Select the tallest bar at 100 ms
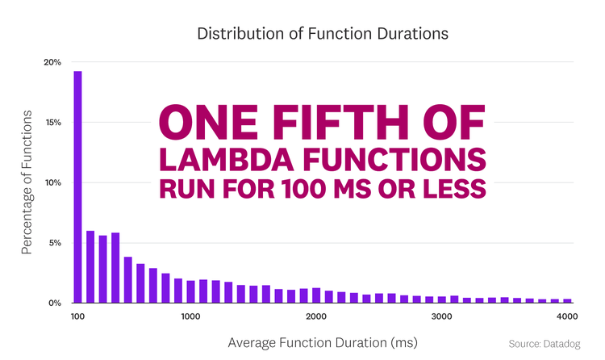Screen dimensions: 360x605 (x=78, y=186)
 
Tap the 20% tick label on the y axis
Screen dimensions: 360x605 (x=52, y=62)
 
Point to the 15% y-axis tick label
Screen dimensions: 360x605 (x=52, y=123)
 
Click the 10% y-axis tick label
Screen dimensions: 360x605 (x=52, y=182)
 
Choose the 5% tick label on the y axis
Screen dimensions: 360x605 (x=55, y=243)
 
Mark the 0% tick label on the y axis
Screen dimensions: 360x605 (x=55, y=303)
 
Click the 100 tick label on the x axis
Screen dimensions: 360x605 (x=78, y=316)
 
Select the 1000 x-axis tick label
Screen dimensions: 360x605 (x=190, y=316)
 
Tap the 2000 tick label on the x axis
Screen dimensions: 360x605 (x=316, y=316)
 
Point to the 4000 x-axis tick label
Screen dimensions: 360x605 (x=566, y=316)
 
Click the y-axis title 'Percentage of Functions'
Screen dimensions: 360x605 (x=26, y=182)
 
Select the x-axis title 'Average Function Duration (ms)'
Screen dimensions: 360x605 (x=323, y=343)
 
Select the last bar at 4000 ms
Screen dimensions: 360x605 (x=567, y=300)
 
